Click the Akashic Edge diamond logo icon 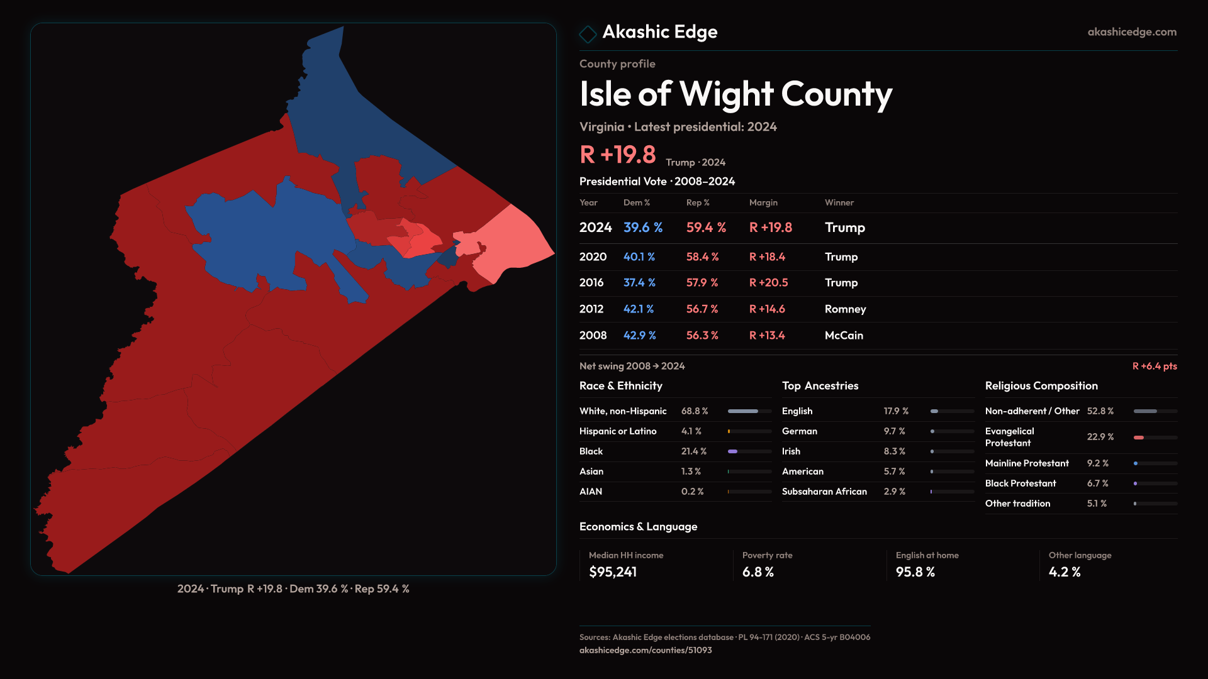(588, 34)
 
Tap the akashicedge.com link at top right (1131, 32)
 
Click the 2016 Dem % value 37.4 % (639, 283)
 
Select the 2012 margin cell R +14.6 (767, 309)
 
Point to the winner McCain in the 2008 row (844, 336)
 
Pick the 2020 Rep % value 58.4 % (702, 257)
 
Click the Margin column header (763, 202)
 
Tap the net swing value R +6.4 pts (1154, 367)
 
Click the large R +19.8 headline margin (617, 155)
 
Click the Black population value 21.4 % (693, 451)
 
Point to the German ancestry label (799, 431)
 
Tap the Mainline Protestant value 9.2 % (1097, 463)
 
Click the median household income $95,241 (612, 572)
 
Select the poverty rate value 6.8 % (758, 572)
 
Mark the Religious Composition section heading (1041, 386)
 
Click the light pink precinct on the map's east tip (516, 242)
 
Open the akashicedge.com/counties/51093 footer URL (645, 651)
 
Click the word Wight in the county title (726, 94)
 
